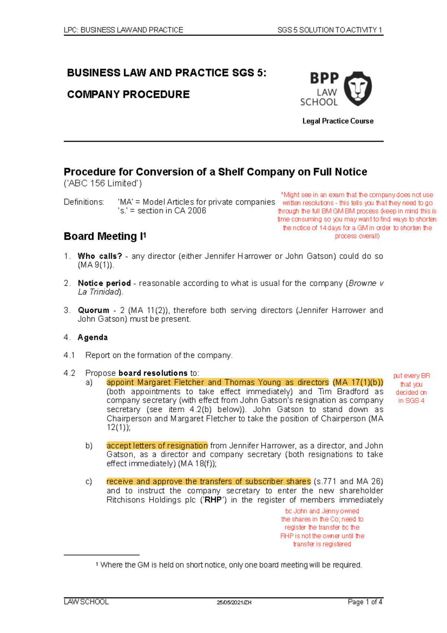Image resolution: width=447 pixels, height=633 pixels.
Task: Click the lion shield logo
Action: [x=357, y=88]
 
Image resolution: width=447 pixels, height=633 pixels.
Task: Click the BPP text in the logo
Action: [x=324, y=78]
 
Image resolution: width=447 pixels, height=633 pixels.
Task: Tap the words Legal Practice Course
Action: [x=337, y=121]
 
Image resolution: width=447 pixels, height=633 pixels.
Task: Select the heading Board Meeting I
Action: [x=105, y=236]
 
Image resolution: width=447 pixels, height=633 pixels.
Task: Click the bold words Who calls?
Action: [x=100, y=256]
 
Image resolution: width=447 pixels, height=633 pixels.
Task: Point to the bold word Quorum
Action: [x=93, y=310]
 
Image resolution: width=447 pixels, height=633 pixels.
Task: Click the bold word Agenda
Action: [x=93, y=337]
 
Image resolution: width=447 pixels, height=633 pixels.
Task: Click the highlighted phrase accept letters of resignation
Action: [x=157, y=445]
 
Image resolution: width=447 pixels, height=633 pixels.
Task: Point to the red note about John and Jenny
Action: [x=322, y=527]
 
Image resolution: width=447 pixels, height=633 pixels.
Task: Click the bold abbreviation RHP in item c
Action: [x=213, y=500]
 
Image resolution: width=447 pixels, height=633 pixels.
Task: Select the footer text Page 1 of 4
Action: [x=365, y=602]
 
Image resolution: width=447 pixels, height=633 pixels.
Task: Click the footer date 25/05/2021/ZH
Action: [x=234, y=602]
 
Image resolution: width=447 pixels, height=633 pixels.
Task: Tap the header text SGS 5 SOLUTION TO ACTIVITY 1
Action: [x=330, y=30]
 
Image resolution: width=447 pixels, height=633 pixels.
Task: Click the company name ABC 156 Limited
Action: [x=102, y=183]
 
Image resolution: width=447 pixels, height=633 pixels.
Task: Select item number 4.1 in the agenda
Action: [x=69, y=355]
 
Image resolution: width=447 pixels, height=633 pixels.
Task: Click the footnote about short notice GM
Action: [x=231, y=565]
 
